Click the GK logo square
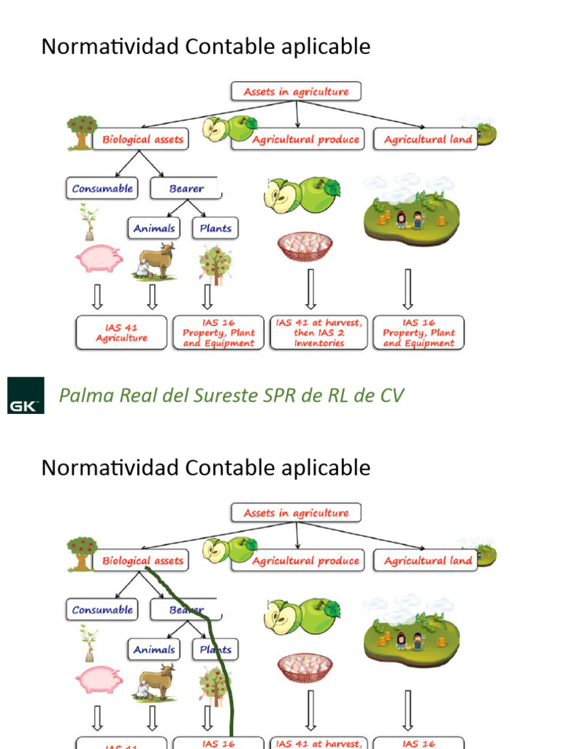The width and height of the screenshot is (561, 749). click(26, 395)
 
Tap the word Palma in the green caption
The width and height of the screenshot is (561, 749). click(83, 396)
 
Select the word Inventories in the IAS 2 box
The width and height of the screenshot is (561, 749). click(319, 343)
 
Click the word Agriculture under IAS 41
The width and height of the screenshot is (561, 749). click(121, 338)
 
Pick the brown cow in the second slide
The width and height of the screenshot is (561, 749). click(156, 681)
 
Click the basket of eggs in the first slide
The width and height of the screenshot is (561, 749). click(305, 246)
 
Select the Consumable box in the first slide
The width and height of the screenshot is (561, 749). click(102, 188)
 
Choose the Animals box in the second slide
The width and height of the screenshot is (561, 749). click(154, 650)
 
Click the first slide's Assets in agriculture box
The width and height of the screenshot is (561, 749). click(296, 91)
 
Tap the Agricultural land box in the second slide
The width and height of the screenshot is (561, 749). click(428, 561)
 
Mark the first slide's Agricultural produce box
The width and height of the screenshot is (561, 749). click(305, 139)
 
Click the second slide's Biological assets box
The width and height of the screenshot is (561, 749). click(142, 561)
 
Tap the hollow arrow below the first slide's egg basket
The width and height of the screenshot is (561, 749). click(311, 288)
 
